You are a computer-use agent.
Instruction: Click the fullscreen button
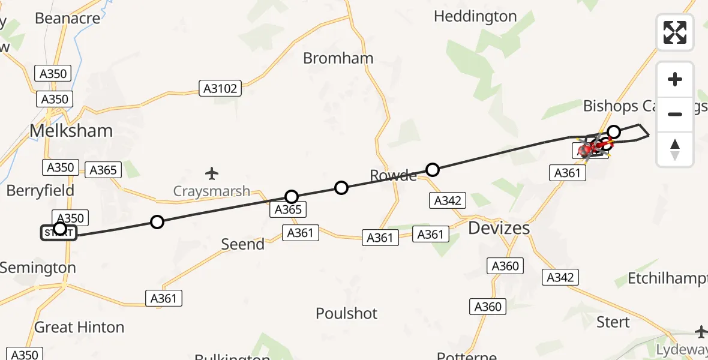pos(675,32)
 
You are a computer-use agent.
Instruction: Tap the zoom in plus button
pos(675,80)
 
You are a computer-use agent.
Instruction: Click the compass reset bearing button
pos(675,149)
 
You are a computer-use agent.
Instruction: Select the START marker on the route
pos(59,232)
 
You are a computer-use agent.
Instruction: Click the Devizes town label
pos(499,228)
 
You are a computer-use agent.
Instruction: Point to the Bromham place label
pos(338,58)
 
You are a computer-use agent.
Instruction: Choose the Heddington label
pos(475,16)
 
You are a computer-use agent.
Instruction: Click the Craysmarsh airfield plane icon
pos(211,174)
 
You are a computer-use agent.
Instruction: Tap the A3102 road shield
pos(220,89)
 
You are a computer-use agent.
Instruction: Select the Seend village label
pos(243,244)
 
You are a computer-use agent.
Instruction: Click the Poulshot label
pos(347,313)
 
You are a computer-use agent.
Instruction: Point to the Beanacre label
pos(67,18)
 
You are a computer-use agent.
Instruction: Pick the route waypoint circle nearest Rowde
pos(432,170)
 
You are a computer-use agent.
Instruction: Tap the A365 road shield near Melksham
pos(103,170)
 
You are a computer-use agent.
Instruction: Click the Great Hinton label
pos(79,327)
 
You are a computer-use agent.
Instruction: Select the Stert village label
pos(613,322)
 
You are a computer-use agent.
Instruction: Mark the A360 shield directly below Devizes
pos(505,266)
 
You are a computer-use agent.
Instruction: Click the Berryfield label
pos(40,191)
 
